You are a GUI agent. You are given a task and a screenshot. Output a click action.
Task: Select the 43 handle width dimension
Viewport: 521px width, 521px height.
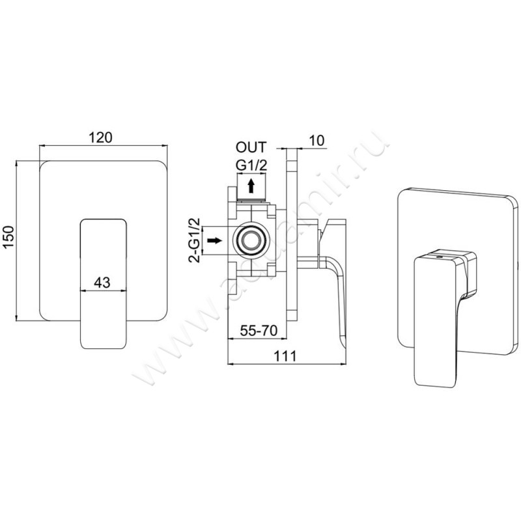click(101, 282)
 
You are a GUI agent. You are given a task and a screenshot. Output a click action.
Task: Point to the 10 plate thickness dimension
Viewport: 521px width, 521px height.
click(317, 141)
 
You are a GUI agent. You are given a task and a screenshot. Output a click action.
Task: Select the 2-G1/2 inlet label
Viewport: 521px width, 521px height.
click(193, 242)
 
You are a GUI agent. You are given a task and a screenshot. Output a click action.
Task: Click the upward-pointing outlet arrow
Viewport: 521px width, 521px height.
click(250, 188)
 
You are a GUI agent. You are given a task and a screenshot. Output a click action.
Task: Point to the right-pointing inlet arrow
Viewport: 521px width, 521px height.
click(214, 242)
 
